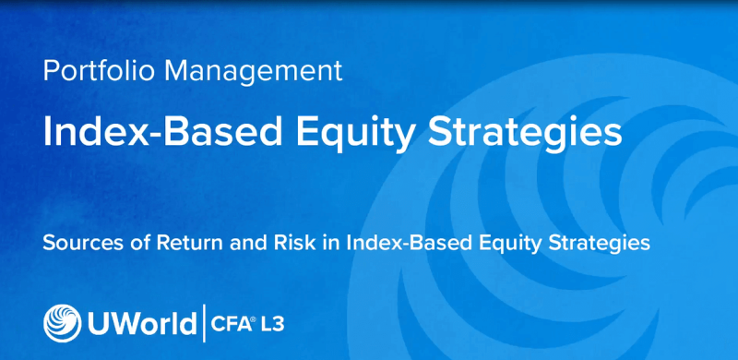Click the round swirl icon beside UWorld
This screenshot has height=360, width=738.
pos(62,323)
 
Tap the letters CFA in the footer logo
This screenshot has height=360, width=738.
pos(231,324)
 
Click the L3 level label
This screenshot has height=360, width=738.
pos(280,324)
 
